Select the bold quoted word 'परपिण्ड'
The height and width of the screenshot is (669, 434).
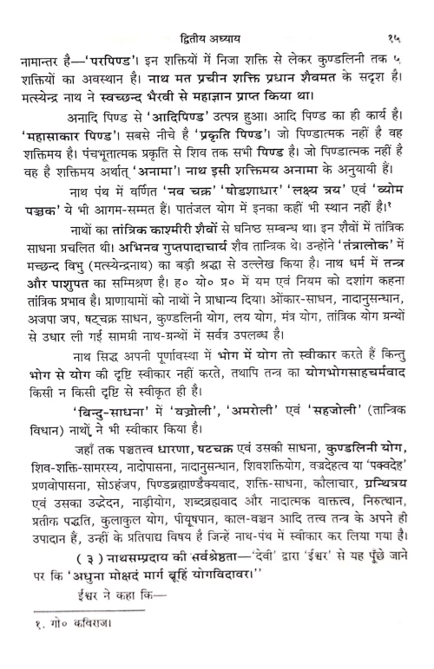tap(115, 39)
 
